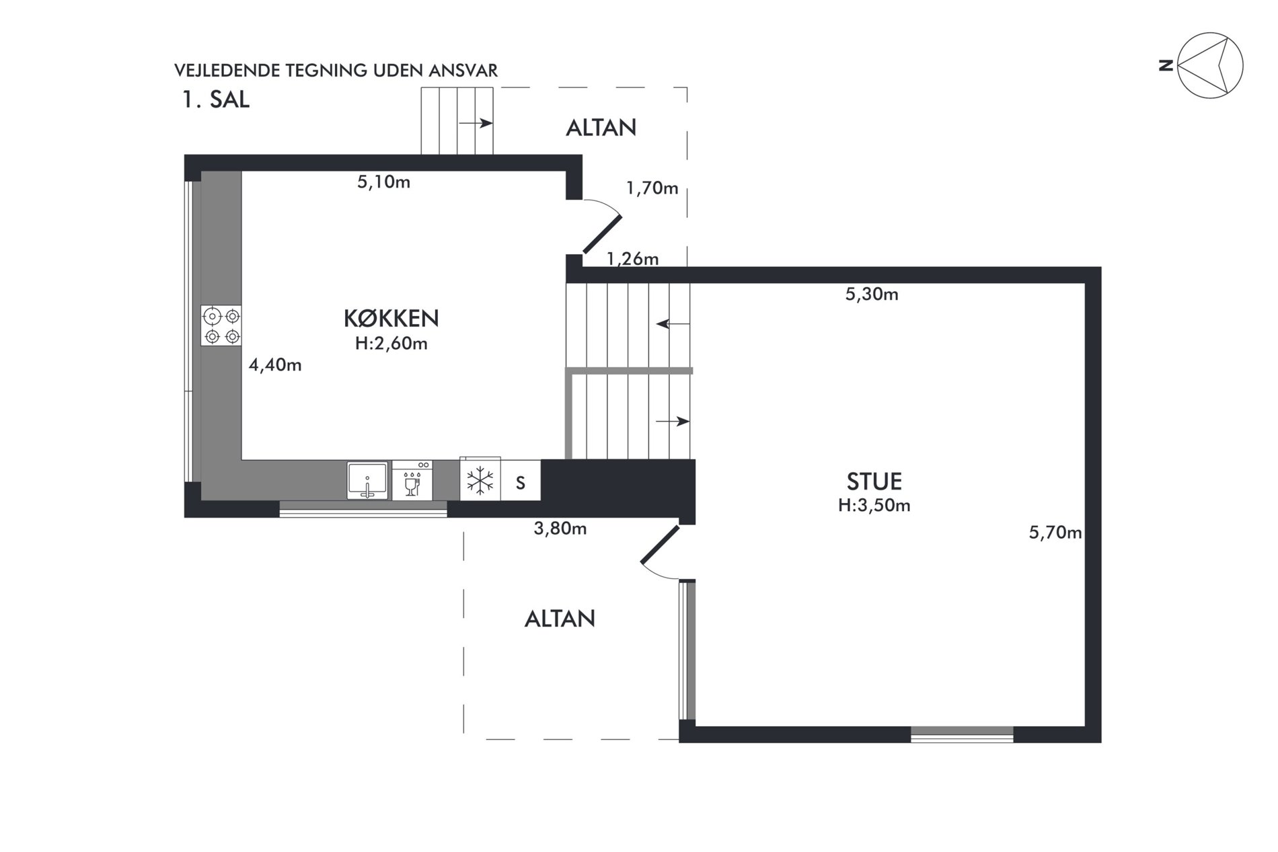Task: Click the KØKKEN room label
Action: [391, 318]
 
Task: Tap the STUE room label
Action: [874, 481]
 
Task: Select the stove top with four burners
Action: [221, 325]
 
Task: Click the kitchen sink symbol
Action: [367, 480]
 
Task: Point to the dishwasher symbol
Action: [412, 480]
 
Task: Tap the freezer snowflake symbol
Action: [480, 481]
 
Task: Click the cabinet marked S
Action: [520, 481]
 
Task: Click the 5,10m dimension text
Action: [383, 182]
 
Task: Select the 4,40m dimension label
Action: [275, 365]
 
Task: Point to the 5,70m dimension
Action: [1055, 533]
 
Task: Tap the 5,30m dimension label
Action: [872, 294]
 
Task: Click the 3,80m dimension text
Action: [560, 529]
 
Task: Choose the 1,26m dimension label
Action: [632, 259]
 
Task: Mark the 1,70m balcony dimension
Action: [652, 188]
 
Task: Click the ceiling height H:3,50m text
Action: [874, 506]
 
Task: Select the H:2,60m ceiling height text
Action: [391, 344]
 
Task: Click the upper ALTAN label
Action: [601, 128]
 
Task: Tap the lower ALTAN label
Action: [560, 619]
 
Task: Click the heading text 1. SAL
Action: [215, 100]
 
